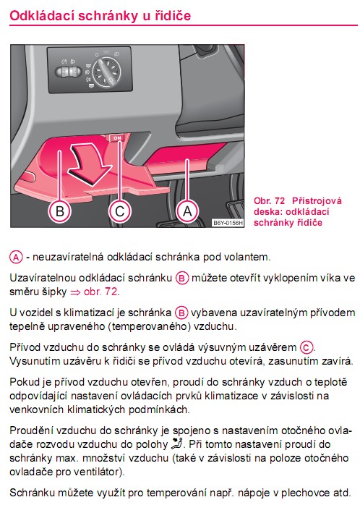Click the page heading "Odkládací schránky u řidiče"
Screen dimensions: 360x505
[x=100, y=15]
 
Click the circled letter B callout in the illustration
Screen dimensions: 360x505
[x=59, y=211]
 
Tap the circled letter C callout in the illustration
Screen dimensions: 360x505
[x=119, y=211]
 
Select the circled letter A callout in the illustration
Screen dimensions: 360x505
[x=187, y=211]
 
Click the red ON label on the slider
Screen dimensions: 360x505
[x=117, y=138]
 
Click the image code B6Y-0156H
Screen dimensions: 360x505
[x=228, y=223]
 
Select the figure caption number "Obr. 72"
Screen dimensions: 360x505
[x=269, y=201]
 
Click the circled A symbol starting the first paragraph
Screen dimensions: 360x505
[x=16, y=258]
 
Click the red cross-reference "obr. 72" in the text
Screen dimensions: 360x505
[x=100, y=292]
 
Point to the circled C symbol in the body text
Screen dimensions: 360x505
[x=307, y=347]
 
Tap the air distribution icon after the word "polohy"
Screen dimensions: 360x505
[x=176, y=444]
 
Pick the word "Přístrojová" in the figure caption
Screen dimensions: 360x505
[x=317, y=201]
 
